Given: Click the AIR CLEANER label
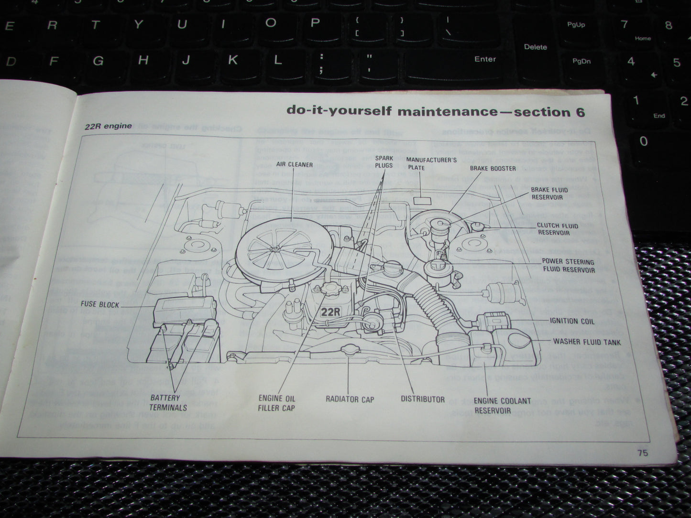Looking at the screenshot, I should (294, 164).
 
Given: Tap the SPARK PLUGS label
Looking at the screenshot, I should (384, 162).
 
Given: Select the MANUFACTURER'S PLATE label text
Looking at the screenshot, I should (431, 163).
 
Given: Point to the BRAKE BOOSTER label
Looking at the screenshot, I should (493, 168).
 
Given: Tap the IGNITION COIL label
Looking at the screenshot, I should (572, 321).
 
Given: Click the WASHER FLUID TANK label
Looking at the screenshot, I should (587, 342).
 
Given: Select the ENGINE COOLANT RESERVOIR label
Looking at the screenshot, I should (502, 406).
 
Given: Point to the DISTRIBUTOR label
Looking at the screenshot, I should (422, 399).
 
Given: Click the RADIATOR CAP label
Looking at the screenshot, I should (350, 399).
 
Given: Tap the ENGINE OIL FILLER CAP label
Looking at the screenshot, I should (276, 403).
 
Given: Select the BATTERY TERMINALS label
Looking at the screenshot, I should (168, 402).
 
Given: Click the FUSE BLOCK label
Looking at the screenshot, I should (100, 304).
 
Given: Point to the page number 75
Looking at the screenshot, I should (642, 453).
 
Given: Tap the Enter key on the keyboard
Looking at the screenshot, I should (484, 59).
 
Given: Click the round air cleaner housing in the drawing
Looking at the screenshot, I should (274, 248).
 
